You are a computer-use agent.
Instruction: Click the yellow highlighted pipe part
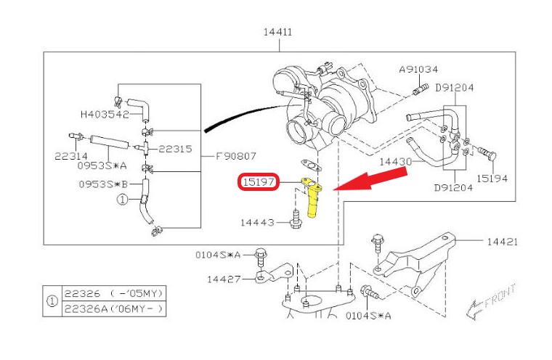(313, 197)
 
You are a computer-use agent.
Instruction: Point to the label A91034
(418, 70)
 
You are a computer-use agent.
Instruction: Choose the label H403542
(105, 114)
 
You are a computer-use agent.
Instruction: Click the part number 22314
(71, 155)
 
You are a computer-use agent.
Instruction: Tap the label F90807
(238, 155)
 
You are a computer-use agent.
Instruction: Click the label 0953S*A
(106, 165)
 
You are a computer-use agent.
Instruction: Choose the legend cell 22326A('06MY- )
(113, 309)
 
